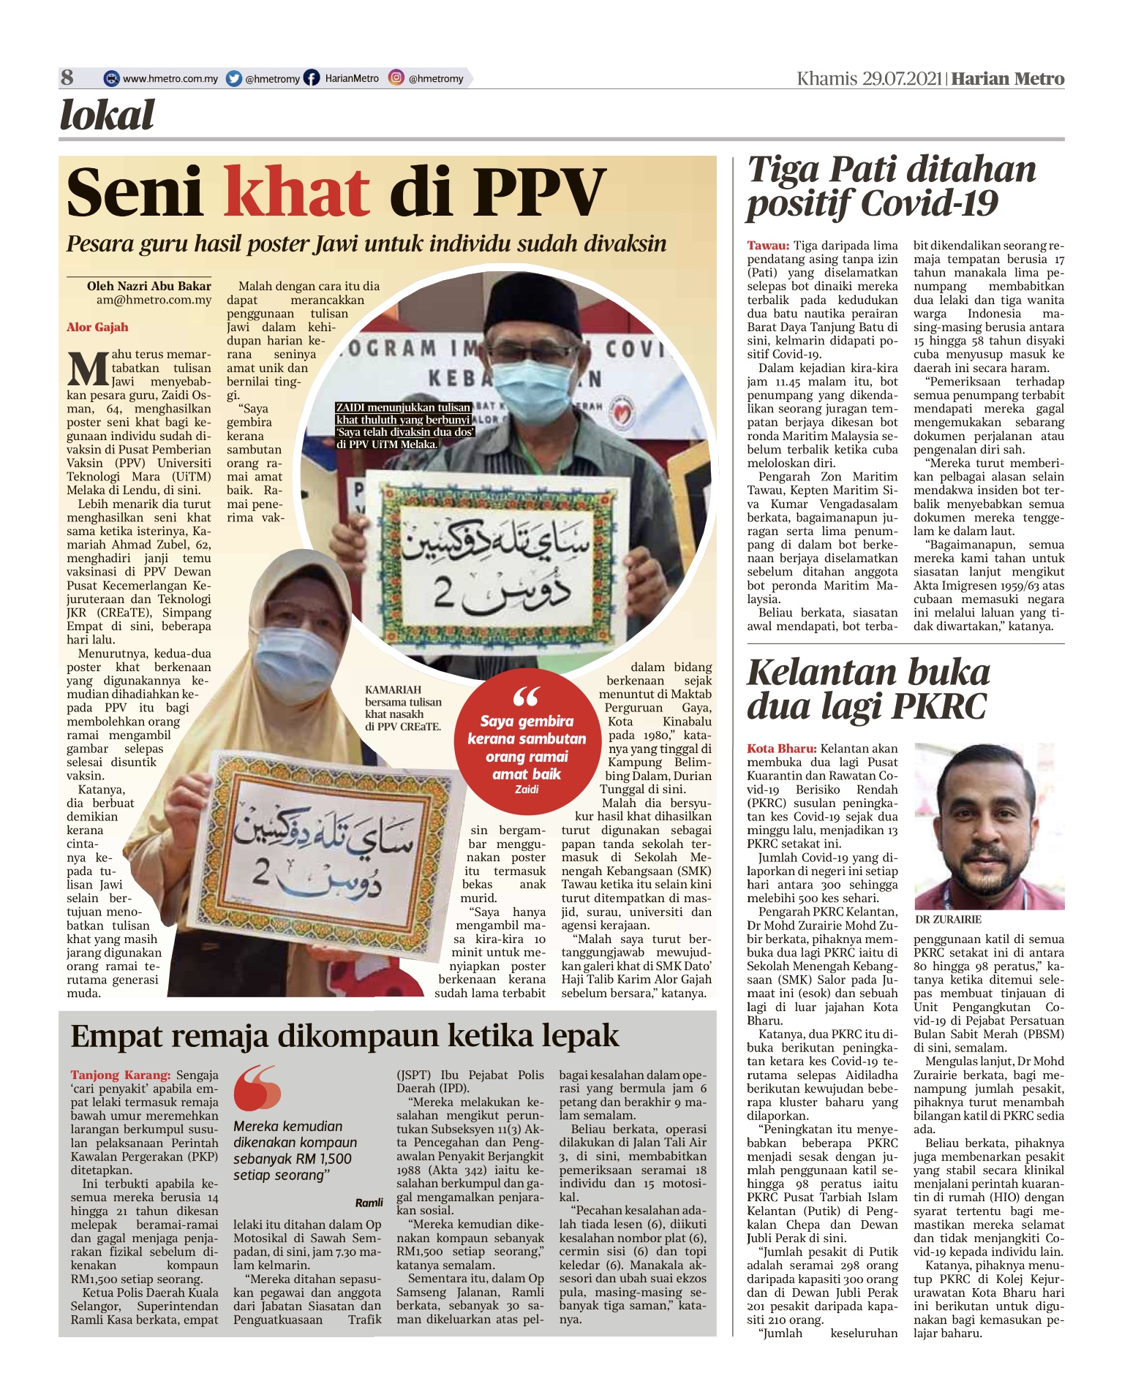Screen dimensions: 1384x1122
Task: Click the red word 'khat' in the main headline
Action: (x=296, y=192)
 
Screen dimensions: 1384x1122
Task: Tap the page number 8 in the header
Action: (x=67, y=77)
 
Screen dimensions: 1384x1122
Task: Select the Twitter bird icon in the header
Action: (x=234, y=78)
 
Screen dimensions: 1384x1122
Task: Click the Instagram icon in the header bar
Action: (x=396, y=77)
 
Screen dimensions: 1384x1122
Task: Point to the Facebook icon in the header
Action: (x=312, y=78)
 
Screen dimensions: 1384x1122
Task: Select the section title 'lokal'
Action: (x=108, y=116)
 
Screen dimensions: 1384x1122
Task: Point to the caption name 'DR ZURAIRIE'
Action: (x=948, y=919)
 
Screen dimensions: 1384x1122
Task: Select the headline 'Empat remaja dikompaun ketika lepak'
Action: (x=344, y=1036)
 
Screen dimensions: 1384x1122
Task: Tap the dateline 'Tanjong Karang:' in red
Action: (x=121, y=1075)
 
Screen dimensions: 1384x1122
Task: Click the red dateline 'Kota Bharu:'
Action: (x=781, y=749)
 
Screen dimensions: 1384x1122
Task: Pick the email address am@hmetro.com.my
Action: (x=154, y=300)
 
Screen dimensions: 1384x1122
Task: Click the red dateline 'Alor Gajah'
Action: (x=97, y=327)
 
